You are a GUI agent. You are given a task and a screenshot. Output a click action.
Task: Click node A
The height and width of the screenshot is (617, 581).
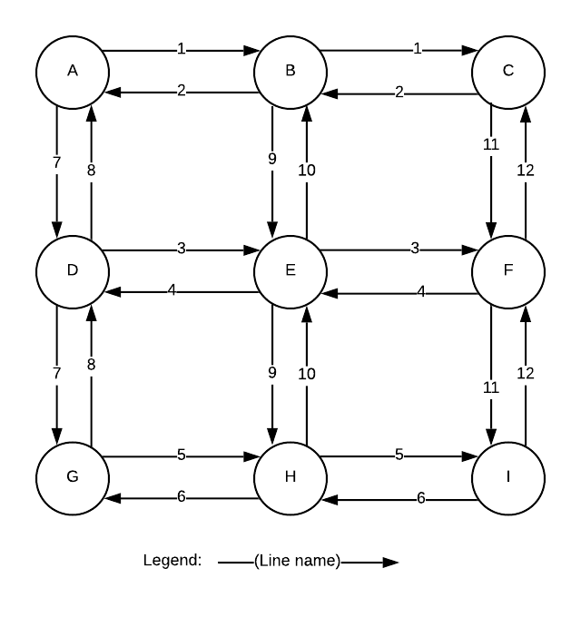(x=73, y=70)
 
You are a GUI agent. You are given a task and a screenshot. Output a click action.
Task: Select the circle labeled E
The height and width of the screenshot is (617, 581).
(x=290, y=270)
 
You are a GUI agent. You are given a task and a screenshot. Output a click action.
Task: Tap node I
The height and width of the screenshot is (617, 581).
(x=507, y=477)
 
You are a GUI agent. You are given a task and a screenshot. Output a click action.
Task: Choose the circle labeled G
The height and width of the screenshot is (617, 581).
(x=73, y=477)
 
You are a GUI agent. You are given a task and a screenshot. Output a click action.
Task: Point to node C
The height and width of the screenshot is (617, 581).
(x=507, y=70)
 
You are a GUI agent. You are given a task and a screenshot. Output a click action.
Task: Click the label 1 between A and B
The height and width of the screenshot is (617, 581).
(x=182, y=49)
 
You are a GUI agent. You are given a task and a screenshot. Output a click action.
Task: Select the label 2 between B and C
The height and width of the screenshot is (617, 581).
(x=399, y=92)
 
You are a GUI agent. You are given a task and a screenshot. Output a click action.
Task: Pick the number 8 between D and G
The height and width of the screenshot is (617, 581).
(x=91, y=364)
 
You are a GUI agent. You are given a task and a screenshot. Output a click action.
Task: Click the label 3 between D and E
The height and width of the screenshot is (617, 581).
(x=182, y=249)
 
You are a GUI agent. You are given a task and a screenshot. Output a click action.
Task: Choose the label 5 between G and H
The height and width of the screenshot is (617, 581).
(x=182, y=455)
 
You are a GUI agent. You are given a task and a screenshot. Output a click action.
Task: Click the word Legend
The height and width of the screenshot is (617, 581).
(x=172, y=560)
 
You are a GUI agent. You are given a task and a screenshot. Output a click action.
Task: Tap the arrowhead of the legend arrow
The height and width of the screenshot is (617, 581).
(x=390, y=562)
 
